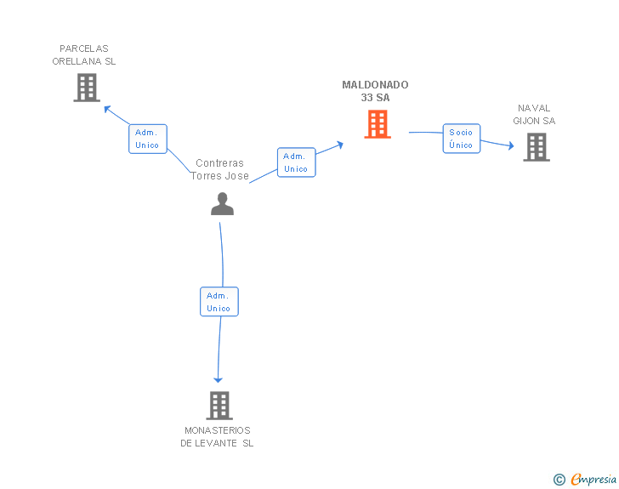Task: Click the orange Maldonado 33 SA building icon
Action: (378, 124)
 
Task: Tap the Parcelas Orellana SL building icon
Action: (87, 88)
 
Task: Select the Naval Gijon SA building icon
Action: (536, 147)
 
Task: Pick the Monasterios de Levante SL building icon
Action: (219, 406)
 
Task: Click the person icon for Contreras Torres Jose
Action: (222, 204)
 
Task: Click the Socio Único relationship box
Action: (461, 139)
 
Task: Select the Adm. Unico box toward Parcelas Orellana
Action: (147, 139)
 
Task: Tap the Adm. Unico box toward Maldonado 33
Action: (296, 162)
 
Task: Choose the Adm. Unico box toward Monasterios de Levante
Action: (219, 302)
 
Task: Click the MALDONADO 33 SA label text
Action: (375, 91)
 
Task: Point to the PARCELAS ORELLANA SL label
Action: (84, 55)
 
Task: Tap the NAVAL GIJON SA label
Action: (534, 115)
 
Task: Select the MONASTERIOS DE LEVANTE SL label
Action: (217, 436)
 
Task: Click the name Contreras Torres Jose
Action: (219, 169)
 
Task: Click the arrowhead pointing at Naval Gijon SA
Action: (510, 146)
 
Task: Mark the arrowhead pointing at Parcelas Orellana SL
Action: (107, 108)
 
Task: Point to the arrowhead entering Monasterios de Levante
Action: (218, 379)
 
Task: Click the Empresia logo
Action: (593, 480)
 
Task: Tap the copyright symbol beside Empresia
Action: (559, 480)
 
